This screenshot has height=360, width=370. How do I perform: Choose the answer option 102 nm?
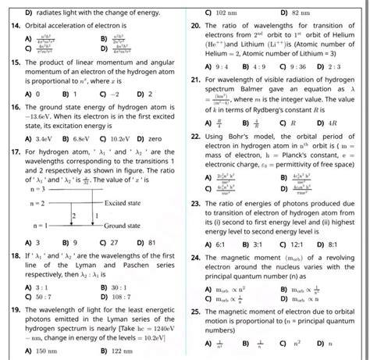click(x=226, y=12)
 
